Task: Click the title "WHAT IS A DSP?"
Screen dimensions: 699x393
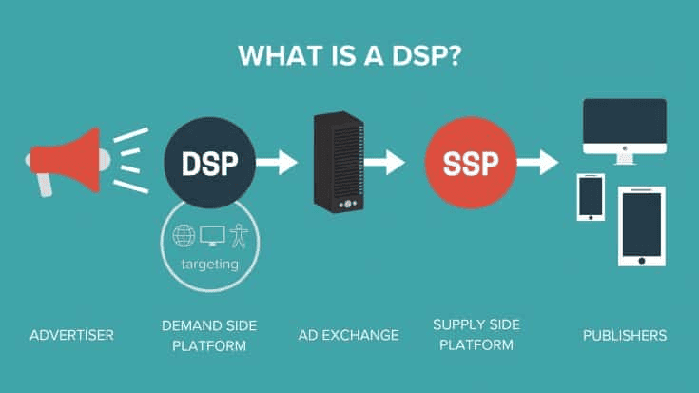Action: click(x=350, y=56)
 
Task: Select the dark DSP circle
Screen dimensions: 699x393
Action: click(x=209, y=163)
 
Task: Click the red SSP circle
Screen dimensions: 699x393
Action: click(x=471, y=163)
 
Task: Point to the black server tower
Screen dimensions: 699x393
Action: click(x=339, y=162)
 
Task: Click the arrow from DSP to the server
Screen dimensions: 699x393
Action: click(x=277, y=163)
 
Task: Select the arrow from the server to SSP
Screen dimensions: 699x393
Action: click(x=385, y=163)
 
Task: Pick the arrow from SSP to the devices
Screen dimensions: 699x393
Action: click(x=538, y=163)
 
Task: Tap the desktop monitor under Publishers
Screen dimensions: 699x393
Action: click(x=625, y=131)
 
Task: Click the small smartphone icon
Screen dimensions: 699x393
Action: click(x=591, y=197)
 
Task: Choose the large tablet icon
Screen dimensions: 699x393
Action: click(x=642, y=226)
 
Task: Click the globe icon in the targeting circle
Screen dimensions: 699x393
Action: click(x=184, y=236)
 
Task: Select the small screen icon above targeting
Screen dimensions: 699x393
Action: click(x=212, y=236)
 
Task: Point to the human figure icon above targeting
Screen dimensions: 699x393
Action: click(x=240, y=236)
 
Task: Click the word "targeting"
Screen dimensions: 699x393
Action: click(x=210, y=265)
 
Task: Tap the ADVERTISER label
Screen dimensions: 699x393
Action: click(x=71, y=335)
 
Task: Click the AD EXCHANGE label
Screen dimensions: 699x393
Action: click(x=349, y=335)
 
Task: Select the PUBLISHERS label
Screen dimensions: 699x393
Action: click(x=625, y=335)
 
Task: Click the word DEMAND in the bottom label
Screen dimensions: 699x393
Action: click(x=187, y=325)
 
